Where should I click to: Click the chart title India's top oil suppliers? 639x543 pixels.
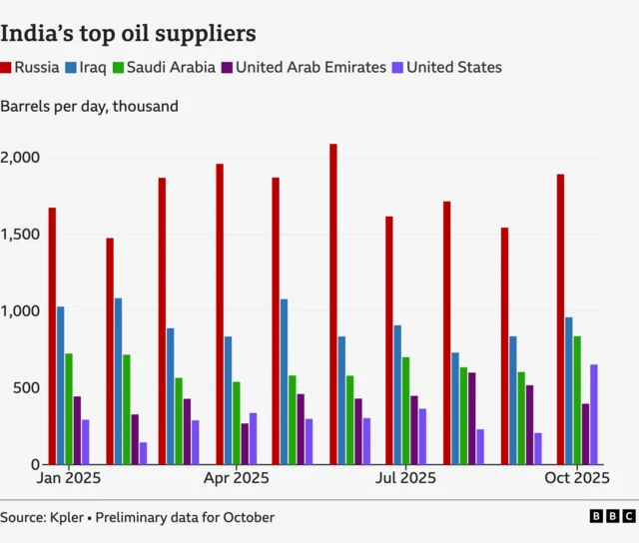tap(128, 33)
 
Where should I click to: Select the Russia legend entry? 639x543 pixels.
tap(31, 68)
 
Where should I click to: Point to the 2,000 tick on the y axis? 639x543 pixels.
tap(20, 158)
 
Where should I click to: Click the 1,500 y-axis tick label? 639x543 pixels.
tap(20, 235)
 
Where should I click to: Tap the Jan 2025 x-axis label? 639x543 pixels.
tap(68, 478)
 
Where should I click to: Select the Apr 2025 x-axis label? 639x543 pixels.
tap(236, 478)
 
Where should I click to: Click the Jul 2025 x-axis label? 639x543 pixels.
tap(404, 478)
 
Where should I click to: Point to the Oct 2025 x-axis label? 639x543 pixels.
tap(577, 478)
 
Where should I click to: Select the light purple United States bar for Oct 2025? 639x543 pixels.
tap(594, 414)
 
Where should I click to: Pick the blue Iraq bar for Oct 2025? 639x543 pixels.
tap(569, 390)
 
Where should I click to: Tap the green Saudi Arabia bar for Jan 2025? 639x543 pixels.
tap(69, 408)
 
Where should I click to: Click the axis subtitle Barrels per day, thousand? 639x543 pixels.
tap(90, 106)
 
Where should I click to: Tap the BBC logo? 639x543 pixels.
tap(611, 516)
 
